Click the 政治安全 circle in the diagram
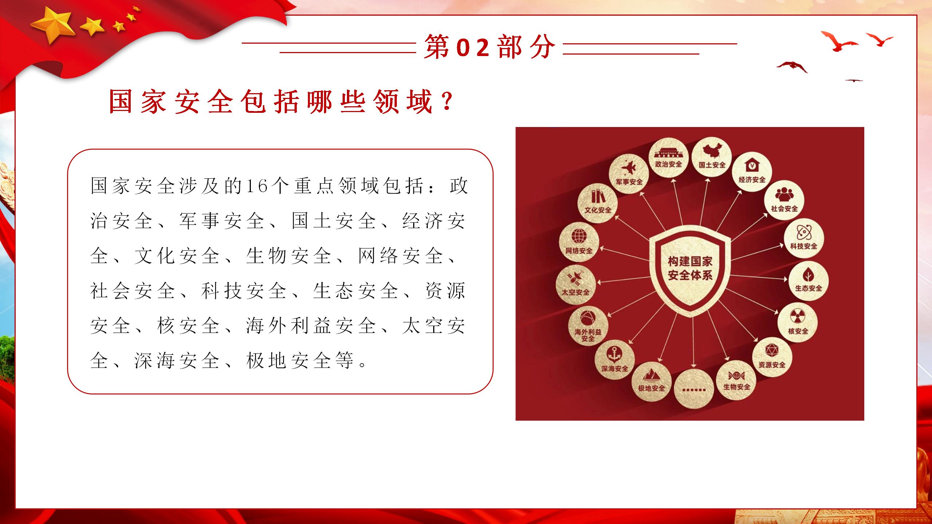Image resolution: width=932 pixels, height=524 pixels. click(x=669, y=158)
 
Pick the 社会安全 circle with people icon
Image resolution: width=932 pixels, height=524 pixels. click(x=784, y=201)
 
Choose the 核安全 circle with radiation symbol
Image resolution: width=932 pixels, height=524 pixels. click(x=798, y=323)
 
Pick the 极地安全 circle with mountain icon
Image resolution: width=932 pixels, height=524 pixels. click(x=651, y=381)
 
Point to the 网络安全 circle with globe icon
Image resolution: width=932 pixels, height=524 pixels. click(x=579, y=242)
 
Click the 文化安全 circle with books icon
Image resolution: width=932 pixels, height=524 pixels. click(x=598, y=203)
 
